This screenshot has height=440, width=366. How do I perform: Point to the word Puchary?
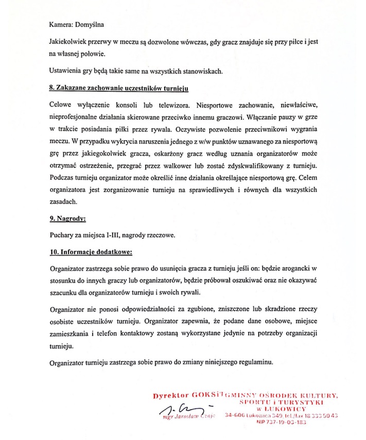coord(62,236)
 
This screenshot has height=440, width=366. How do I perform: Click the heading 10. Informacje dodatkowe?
coord(91,253)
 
